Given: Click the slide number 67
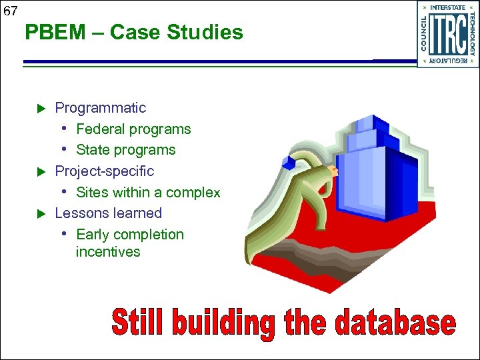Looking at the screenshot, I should click(9, 10).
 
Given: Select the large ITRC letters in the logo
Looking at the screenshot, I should click(447, 35).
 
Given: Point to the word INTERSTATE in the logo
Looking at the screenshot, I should click(447, 8).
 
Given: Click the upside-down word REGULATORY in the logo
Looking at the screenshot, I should click(447, 61).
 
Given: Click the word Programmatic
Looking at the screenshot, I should click(100, 108).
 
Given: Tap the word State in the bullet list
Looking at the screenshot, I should click(93, 150).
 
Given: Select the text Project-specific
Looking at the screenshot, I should click(104, 171).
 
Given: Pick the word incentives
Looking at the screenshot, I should click(108, 252).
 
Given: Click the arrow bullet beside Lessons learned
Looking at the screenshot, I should click(39, 214).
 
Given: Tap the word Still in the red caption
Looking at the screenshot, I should click(137, 323).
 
